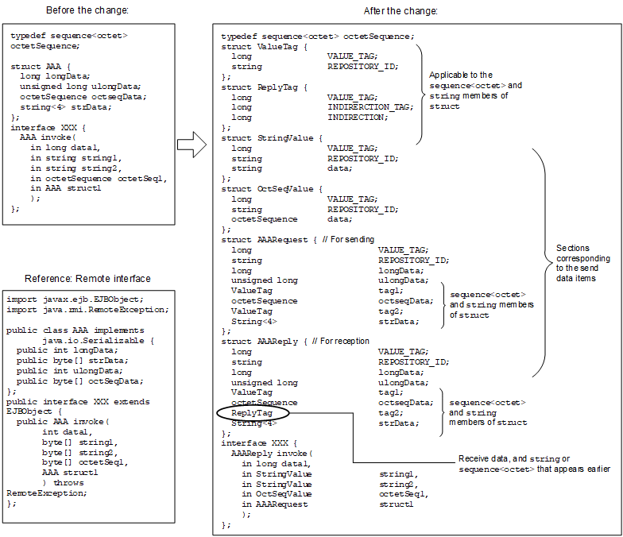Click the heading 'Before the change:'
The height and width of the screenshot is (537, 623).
pos(87,10)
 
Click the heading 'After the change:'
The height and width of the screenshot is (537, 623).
pos(400,10)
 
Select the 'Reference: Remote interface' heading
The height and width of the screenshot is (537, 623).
pos(87,278)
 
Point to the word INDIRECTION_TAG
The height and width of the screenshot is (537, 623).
pos(370,106)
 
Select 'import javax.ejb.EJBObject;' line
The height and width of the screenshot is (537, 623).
pos(64,299)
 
